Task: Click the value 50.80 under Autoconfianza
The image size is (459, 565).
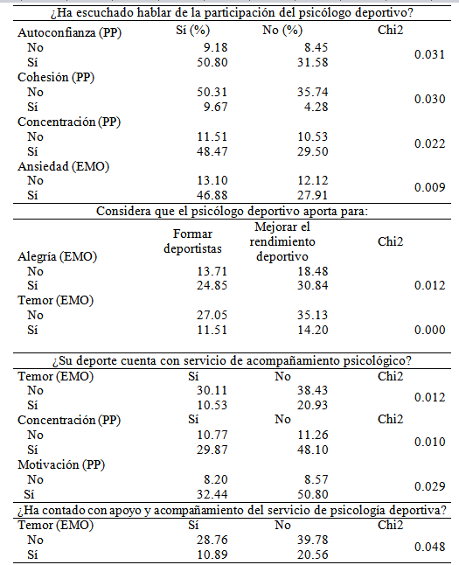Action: click(197, 62)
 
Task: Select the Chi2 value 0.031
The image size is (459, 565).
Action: click(427, 56)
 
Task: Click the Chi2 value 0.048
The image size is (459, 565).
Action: click(427, 547)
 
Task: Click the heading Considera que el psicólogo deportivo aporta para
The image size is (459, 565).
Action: click(230, 212)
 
